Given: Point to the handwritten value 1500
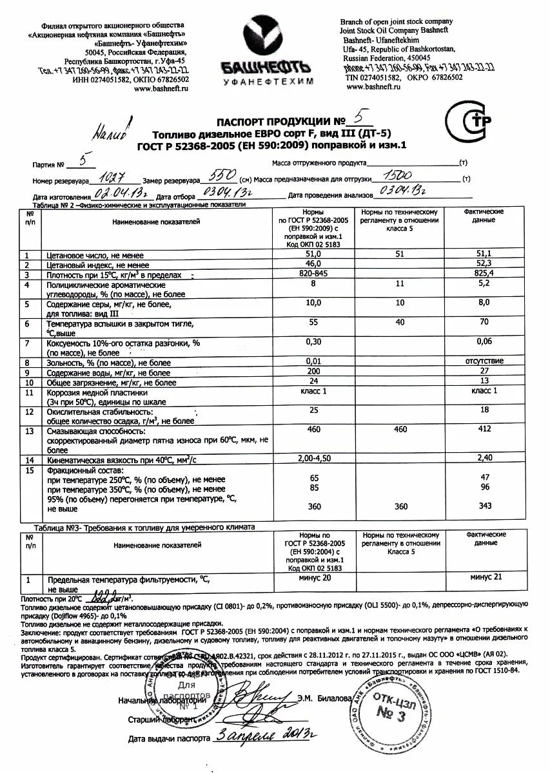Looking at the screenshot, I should [398, 175].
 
